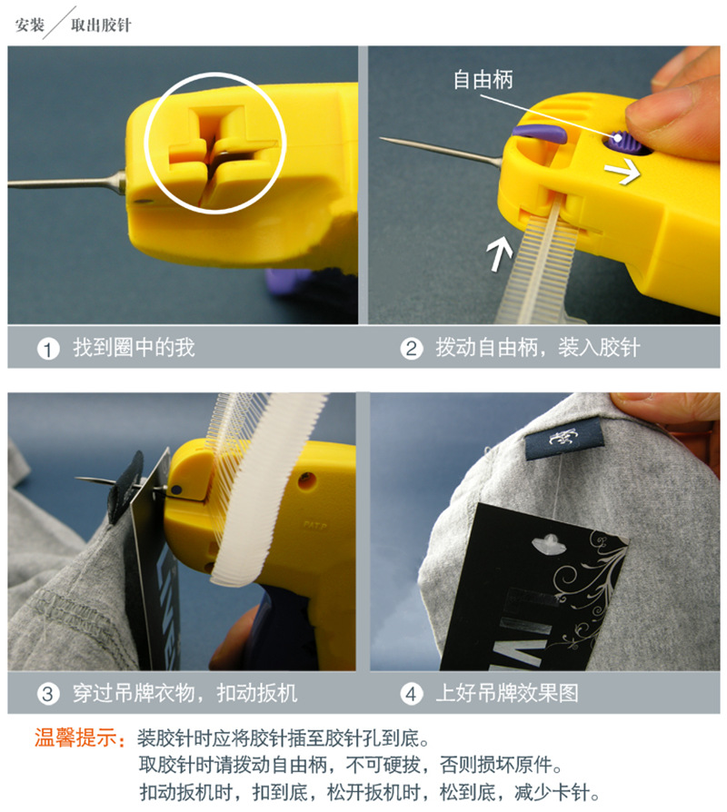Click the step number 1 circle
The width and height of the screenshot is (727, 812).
(x=47, y=349)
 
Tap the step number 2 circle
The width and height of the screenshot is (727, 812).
(x=412, y=349)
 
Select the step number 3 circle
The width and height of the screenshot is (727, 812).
(x=47, y=695)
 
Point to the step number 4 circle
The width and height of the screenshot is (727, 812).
(x=412, y=695)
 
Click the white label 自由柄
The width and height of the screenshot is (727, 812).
(x=483, y=80)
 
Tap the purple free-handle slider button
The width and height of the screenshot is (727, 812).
(x=622, y=141)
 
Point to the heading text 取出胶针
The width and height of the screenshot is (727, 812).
(x=101, y=25)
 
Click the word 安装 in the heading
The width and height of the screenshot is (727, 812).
(x=30, y=25)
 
